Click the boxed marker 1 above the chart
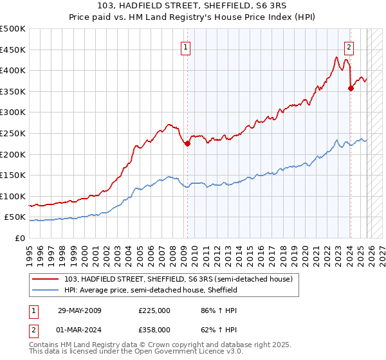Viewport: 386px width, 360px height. click(185, 46)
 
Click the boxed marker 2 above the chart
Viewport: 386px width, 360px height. click(349, 46)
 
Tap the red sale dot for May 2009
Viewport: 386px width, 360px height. click(187, 144)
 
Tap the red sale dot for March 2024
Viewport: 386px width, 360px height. click(351, 89)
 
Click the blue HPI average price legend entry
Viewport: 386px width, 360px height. click(151, 290)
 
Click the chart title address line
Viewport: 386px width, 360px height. click(192, 7)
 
